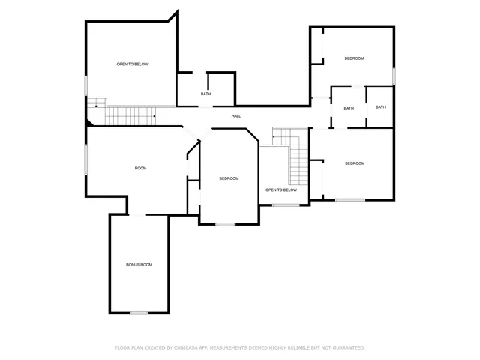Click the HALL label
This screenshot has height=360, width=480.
pos(236,115)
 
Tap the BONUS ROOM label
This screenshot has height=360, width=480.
pos(139,265)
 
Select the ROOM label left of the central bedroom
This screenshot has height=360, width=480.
pos(140,168)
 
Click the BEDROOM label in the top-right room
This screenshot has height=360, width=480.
pos(354,58)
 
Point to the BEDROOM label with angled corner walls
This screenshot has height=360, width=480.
pos(229,178)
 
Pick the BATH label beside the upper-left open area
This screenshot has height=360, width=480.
pos(205,94)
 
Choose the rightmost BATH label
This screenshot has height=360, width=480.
pos(380,107)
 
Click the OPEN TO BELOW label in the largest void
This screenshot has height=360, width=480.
pos(132,64)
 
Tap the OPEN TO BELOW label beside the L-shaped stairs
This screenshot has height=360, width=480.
pos(281,190)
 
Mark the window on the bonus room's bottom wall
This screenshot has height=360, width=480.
pos(139,313)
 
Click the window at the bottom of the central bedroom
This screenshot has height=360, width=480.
pos(225,224)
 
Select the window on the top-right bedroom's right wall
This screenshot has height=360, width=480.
pos(394,76)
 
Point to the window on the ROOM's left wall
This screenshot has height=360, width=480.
pos(86,161)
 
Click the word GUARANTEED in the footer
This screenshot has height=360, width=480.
pos(348,347)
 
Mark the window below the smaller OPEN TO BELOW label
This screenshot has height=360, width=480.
pos(285,205)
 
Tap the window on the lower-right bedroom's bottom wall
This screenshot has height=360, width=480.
pos(350,199)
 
